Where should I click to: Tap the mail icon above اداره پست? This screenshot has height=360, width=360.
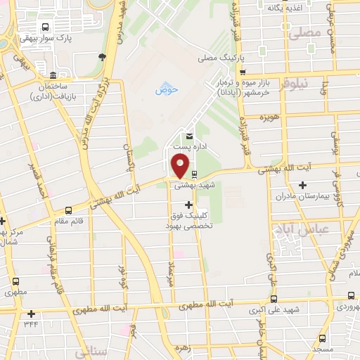click(x=188, y=136)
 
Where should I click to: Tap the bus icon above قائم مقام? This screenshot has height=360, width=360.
click(x=68, y=210)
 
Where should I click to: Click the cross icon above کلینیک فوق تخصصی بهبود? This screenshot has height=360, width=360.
click(x=188, y=205)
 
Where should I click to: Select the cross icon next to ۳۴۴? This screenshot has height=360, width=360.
click(x=30, y=314)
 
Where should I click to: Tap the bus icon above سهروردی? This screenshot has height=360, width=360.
click(x=351, y=296)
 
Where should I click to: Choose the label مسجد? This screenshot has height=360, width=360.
click(x=324, y=349)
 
